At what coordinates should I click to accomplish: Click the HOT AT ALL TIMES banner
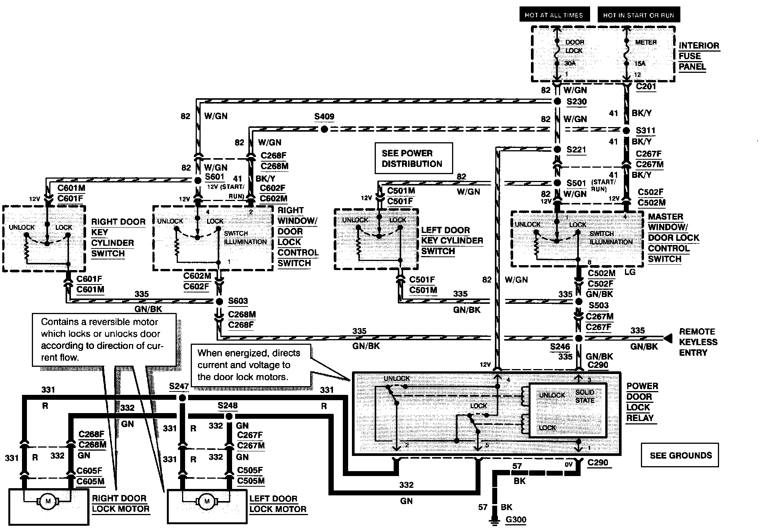pos(554,15)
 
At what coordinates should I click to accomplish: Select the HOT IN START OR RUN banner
pos(638,15)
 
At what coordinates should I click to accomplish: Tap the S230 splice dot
pos(557,101)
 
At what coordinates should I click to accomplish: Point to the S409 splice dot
pos(324,129)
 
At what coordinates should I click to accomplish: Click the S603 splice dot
pos(219,302)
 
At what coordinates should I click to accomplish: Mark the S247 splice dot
pos(182,398)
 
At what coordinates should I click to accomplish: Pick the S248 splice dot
pos(229,416)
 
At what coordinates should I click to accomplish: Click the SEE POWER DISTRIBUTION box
pos(414,158)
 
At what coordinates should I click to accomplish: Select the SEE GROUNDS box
pos(680,455)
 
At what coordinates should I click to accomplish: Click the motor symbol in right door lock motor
pos(48,501)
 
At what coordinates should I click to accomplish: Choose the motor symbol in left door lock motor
pos(207,501)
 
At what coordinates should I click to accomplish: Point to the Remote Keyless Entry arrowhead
pos(668,337)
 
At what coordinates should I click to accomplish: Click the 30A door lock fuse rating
pos(570,63)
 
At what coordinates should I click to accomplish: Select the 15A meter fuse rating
pos(640,63)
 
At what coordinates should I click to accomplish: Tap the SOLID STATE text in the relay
pos(585,396)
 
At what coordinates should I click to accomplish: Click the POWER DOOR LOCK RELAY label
pos(642,402)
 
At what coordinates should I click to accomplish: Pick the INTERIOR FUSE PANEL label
pos(699,56)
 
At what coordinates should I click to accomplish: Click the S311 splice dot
pos(627,130)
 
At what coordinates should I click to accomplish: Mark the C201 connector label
pos(646,86)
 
